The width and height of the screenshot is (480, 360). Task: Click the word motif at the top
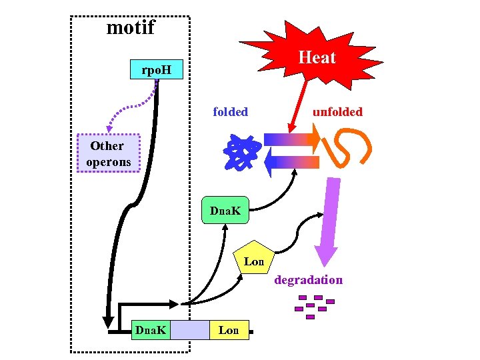click(131, 27)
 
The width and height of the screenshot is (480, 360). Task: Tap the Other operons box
click(107, 153)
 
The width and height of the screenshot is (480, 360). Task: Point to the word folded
click(230, 112)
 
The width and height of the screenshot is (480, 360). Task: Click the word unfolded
click(338, 112)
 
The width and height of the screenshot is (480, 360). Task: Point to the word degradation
click(309, 280)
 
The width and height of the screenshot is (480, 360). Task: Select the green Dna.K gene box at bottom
click(151, 329)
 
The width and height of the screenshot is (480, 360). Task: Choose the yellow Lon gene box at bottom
click(229, 329)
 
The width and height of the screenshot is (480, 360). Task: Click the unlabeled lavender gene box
click(189, 329)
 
